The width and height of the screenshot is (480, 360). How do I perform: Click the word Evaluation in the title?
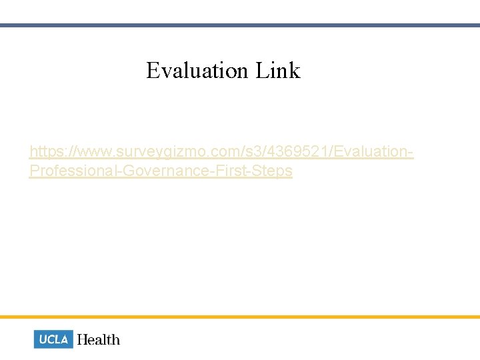(x=197, y=71)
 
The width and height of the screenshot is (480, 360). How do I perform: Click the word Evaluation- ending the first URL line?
(x=372, y=152)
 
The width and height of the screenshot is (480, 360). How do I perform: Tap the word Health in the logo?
(x=99, y=339)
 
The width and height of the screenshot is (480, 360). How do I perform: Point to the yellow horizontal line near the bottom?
(x=240, y=317)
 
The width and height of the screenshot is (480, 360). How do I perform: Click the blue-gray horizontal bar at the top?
(x=240, y=25)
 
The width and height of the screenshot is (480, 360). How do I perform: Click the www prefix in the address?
(x=85, y=152)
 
